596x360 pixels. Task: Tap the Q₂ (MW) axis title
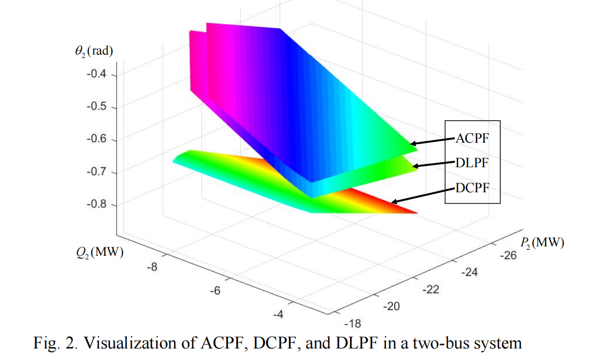coord(97,252)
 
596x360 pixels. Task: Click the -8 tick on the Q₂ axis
coord(152,267)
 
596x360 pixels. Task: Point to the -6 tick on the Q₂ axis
coord(215,291)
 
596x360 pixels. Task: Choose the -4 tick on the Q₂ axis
coord(278,314)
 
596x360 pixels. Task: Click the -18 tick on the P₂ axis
coord(353,323)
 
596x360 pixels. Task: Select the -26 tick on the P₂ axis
coord(508,256)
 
